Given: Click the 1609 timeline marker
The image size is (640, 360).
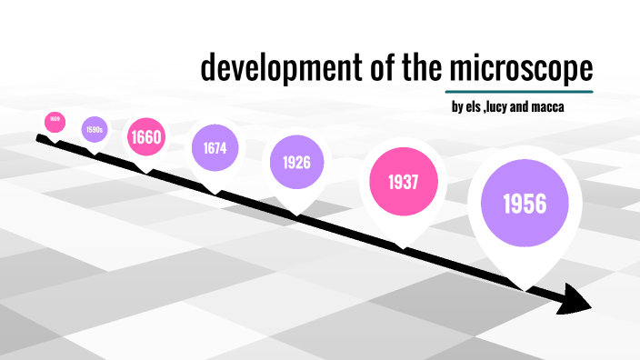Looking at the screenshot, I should point(55,119).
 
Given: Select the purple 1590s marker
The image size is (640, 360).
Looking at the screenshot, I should point(95,130).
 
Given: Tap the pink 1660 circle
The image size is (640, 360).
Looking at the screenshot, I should point(145,138).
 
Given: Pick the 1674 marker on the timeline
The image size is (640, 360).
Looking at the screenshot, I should point(215,147).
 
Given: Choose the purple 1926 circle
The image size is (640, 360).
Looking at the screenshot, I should point(296,163).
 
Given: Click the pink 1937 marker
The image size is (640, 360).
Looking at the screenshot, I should point(403,182).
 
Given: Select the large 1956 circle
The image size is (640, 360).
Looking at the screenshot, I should point(526,204).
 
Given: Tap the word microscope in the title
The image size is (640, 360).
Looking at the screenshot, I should point(520,69).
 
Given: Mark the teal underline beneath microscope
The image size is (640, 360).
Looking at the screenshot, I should point(520,91).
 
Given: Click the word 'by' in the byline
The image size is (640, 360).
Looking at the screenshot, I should point(456,109).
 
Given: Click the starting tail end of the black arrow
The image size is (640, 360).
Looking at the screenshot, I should point(39,138).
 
